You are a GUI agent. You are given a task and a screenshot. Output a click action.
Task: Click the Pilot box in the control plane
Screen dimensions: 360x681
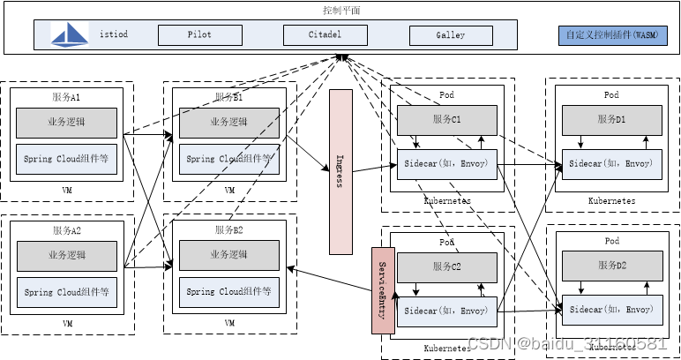199,36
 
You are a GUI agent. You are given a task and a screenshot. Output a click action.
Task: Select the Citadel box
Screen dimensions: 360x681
325,36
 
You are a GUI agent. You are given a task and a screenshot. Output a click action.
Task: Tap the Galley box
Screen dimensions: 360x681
450,36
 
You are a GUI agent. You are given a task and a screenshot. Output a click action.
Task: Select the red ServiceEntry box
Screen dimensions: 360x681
382,290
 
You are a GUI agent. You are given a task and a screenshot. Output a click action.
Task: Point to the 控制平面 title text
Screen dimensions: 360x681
341,11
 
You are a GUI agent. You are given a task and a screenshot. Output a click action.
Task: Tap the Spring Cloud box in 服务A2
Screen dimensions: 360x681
67,291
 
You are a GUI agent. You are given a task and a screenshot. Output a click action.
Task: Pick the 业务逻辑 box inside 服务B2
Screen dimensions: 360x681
229,254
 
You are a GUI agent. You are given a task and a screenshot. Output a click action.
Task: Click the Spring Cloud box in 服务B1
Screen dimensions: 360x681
229,159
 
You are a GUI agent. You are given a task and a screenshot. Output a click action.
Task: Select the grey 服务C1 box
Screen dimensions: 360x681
446,119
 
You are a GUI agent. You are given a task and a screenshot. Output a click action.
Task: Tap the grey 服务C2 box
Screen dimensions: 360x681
446,266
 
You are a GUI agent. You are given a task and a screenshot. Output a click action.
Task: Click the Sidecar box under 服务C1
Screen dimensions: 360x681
446,164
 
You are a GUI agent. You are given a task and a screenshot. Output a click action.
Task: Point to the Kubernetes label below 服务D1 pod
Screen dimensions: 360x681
611,201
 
